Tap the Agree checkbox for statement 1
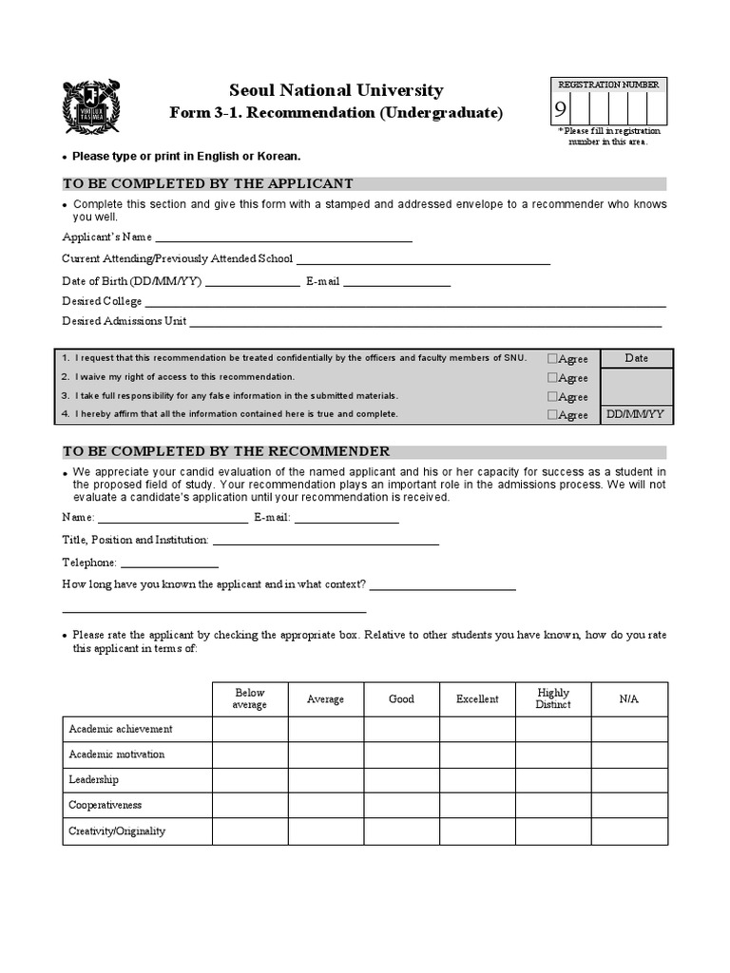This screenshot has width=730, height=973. [552, 358]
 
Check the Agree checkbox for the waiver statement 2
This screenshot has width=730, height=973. [552, 377]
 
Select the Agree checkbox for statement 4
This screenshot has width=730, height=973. [552, 414]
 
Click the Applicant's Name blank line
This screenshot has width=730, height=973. [283, 238]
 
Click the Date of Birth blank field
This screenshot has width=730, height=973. [252, 283]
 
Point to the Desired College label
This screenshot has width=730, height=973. [102, 301]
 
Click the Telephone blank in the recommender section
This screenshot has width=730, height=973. [169, 563]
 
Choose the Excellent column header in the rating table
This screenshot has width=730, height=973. [477, 699]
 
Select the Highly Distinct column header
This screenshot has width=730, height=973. [553, 699]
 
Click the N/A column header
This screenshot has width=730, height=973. [629, 699]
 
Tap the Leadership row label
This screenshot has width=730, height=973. [93, 780]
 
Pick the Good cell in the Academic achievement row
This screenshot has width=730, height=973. [401, 730]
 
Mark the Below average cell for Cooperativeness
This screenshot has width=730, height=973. [250, 806]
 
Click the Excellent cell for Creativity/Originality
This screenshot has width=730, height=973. [477, 831]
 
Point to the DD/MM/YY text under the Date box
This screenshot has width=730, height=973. [637, 414]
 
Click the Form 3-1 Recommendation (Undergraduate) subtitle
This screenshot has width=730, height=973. [336, 113]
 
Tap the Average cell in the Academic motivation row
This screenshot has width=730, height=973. [325, 754]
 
